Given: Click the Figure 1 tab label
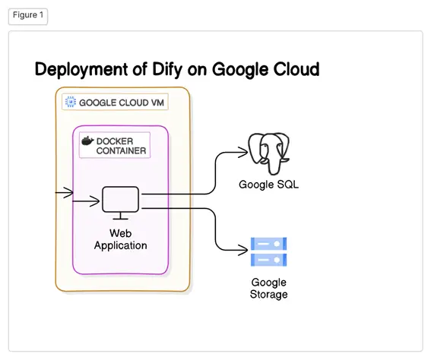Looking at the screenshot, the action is pos(28,15).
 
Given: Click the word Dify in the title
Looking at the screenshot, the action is pos(167,69).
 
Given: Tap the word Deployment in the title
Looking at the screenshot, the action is pos(81,69).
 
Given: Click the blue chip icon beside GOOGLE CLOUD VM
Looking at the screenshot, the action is pos(71,102).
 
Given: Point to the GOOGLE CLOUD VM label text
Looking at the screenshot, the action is pos(122,103).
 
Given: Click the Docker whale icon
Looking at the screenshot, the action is pos(87,141).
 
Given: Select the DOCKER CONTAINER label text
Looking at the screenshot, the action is pos(121,146).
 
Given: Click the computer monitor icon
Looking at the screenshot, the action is pos(120,203).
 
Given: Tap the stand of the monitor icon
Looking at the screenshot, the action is pos(120,216).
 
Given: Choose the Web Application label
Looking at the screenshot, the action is pos(120,239).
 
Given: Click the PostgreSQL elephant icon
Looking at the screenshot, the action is pos(269,153).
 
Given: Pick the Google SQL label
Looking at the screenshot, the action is pos(268,185).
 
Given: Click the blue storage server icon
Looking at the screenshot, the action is pos(269,252).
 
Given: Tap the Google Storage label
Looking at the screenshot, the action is pos(269,289).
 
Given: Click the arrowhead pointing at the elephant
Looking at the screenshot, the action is pos(244,153).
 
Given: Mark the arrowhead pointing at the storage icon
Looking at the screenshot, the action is pos(244,250).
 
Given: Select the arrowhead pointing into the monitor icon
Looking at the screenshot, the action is pos(95,201).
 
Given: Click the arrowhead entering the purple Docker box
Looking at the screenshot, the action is pos(69,192).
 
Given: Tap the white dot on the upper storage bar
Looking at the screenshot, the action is pos(277,244).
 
